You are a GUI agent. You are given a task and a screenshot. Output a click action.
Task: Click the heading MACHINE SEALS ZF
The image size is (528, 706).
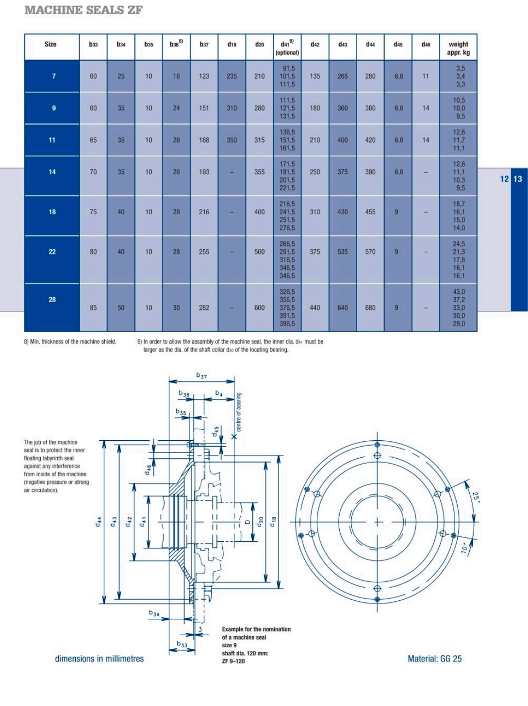pyautogui.click(x=83, y=10)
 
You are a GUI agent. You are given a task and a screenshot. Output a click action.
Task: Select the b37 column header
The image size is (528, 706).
pyautogui.click(x=204, y=45)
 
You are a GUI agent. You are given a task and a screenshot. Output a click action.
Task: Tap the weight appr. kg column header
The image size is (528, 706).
pyautogui.click(x=458, y=48)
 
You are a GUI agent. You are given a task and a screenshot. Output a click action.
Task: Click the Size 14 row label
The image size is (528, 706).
pyautogui.click(x=52, y=172)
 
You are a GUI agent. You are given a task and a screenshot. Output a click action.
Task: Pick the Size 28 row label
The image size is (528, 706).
pyautogui.click(x=52, y=300)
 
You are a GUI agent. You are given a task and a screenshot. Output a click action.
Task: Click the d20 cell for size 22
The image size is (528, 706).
pyautogui.click(x=259, y=252)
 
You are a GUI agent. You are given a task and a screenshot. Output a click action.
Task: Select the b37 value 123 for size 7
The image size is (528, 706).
pyautogui.click(x=204, y=76)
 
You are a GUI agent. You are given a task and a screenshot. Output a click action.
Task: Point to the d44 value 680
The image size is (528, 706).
pyautogui.click(x=370, y=307)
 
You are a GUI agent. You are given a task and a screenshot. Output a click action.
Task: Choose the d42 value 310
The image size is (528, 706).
pyautogui.click(x=314, y=211)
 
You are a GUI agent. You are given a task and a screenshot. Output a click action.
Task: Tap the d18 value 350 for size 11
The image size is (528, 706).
pyautogui.click(x=231, y=140)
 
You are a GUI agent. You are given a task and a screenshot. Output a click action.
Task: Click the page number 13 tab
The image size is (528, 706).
pyautogui.click(x=518, y=179)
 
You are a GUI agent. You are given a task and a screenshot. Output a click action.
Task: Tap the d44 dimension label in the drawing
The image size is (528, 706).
pyautogui.click(x=98, y=522)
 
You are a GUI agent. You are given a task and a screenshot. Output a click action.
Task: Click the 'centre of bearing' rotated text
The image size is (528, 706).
pyautogui.click(x=239, y=412)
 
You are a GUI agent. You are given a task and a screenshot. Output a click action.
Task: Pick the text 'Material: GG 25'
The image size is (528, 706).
pyautogui.click(x=434, y=658)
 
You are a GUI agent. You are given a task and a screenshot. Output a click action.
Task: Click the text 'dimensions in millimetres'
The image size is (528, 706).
pyautogui.click(x=99, y=658)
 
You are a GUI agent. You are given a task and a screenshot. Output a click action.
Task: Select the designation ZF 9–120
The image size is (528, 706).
pyautogui.click(x=233, y=661)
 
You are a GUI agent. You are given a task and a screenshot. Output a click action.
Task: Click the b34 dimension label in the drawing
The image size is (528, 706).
pyautogui.click(x=154, y=613)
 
